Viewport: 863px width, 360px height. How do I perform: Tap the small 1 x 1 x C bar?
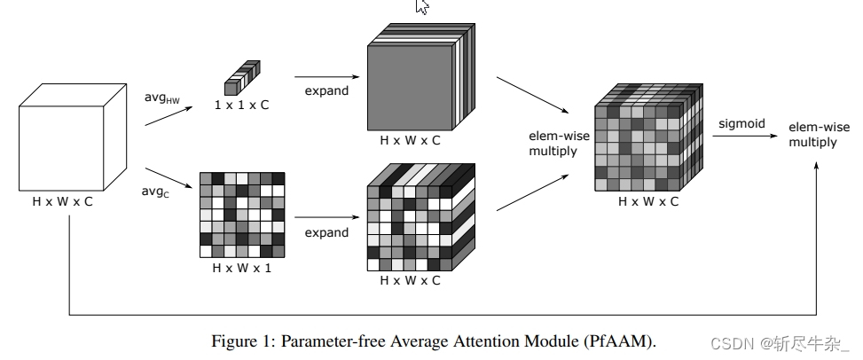click(241, 78)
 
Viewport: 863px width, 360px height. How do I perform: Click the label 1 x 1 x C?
click(241, 105)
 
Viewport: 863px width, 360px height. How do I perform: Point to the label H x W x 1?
click(242, 267)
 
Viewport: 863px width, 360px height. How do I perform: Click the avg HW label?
click(162, 97)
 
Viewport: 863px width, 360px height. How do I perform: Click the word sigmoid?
click(741, 124)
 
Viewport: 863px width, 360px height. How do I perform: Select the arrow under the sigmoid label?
click(741, 138)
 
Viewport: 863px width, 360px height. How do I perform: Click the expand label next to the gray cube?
click(326, 90)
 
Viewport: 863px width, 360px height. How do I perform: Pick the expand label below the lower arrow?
click(326, 232)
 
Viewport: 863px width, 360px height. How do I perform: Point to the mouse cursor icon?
click(422, 6)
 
